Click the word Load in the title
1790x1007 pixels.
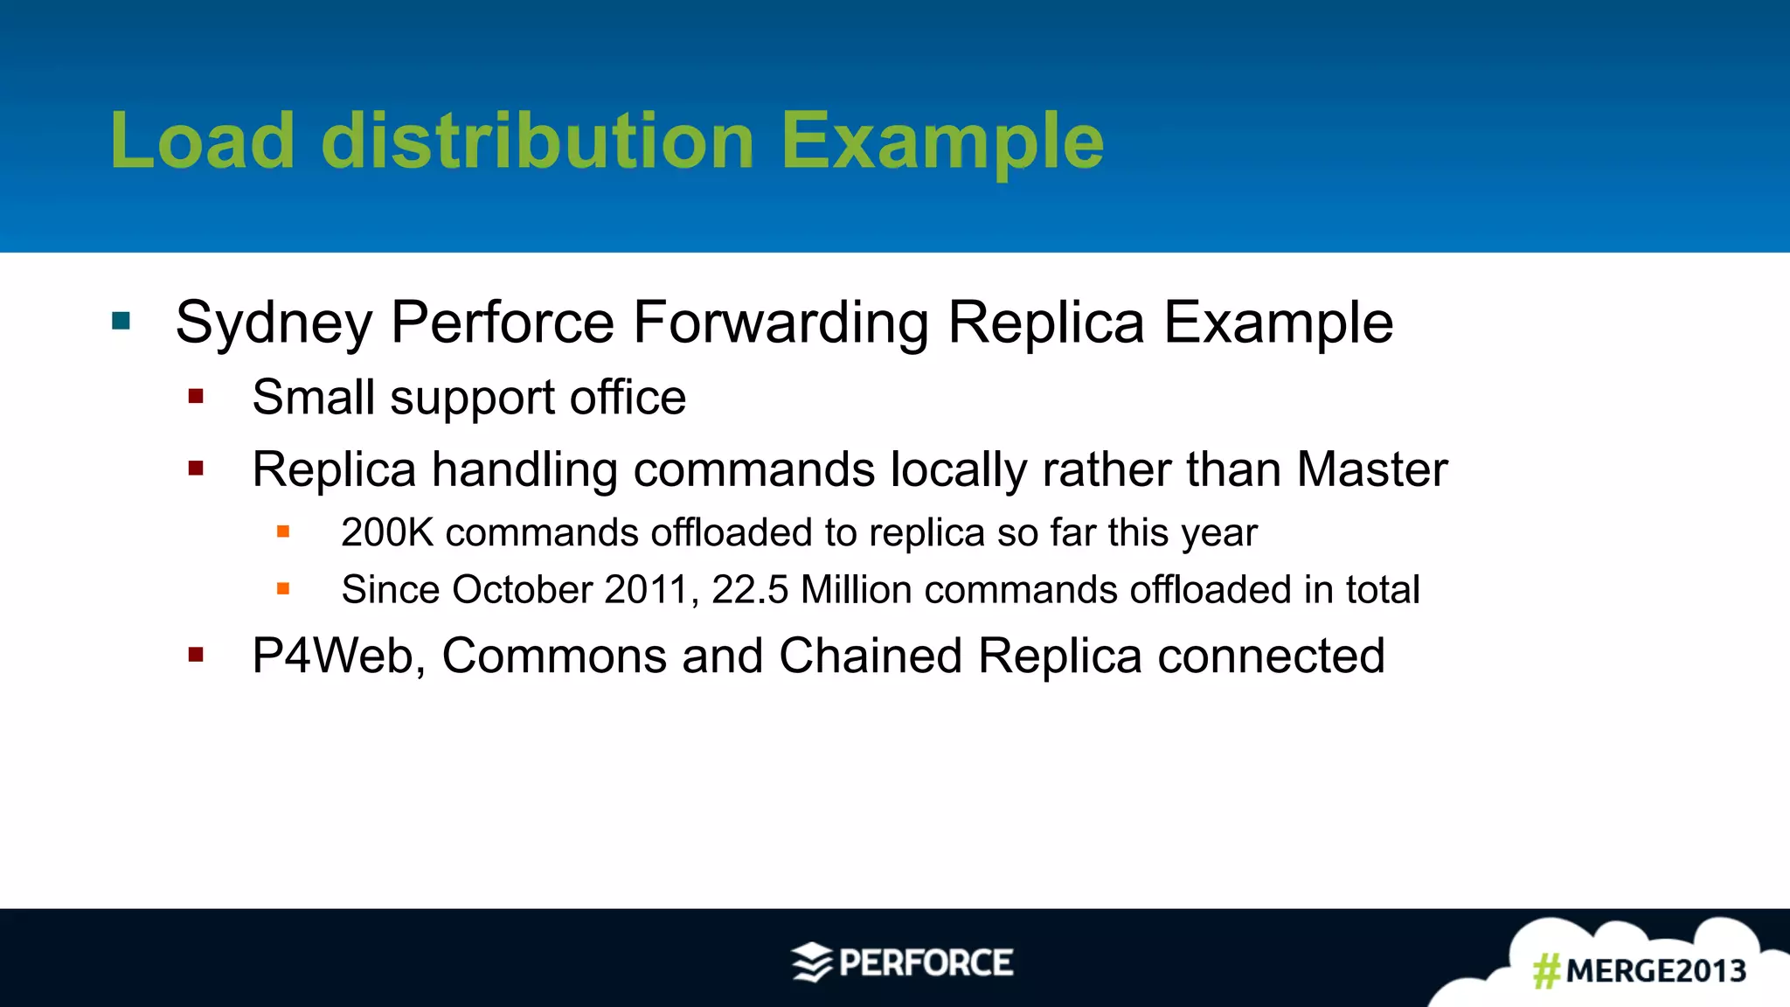click(203, 142)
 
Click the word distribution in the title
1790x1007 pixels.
click(538, 142)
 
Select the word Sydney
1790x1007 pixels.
click(274, 323)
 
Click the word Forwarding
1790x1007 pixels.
click(781, 323)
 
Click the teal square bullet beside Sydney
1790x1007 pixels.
click(121, 322)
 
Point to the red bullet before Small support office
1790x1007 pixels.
click(196, 397)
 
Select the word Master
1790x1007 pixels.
click(1372, 469)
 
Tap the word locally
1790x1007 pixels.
click(958, 470)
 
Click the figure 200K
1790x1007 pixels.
click(387, 532)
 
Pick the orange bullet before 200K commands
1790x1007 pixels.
click(283, 531)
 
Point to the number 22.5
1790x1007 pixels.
click(750, 589)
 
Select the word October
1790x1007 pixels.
click(523, 589)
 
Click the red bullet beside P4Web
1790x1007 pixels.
click(196, 655)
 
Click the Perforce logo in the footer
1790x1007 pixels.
click(903, 962)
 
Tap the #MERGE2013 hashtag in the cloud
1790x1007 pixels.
click(1640, 970)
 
